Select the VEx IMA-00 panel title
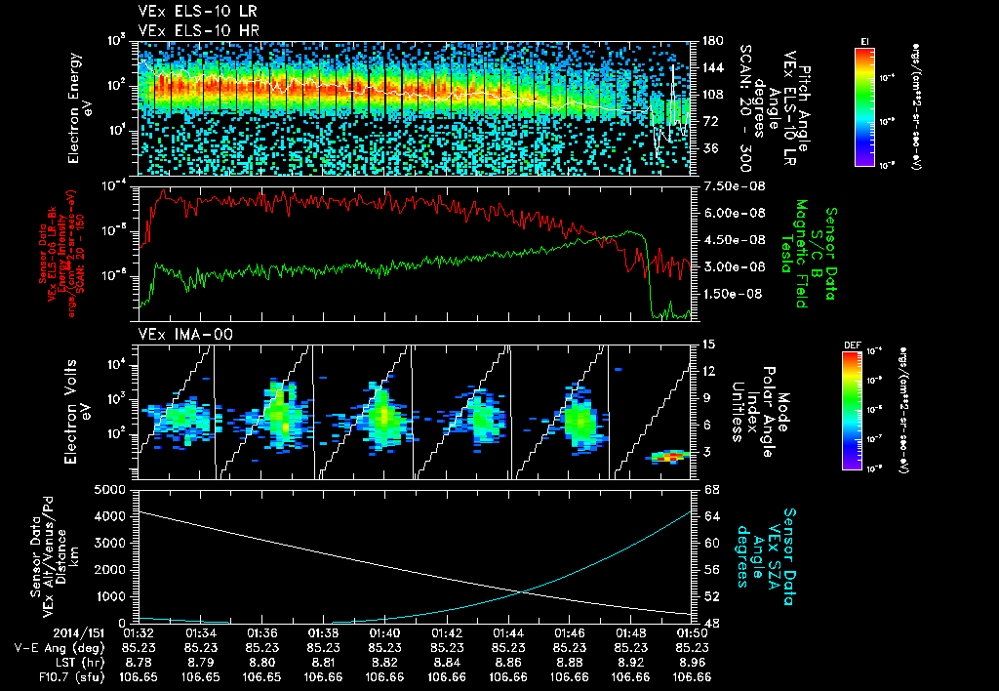click(173, 335)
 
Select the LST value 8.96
click(693, 662)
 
